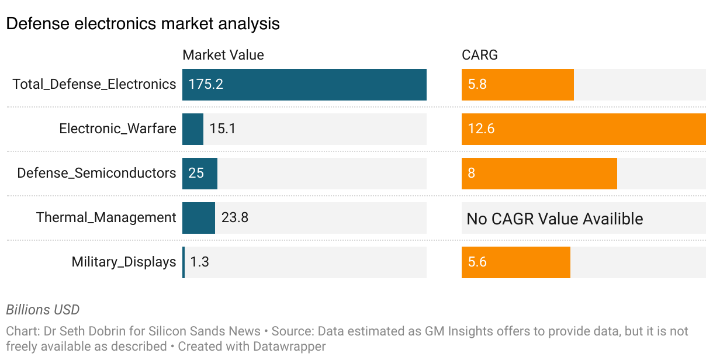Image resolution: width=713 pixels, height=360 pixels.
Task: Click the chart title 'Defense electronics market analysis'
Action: tap(143, 23)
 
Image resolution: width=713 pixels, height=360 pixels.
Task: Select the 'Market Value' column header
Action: tap(223, 55)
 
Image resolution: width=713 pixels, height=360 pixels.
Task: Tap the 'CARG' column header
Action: tap(479, 55)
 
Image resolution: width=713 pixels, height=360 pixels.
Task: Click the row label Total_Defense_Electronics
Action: tap(94, 84)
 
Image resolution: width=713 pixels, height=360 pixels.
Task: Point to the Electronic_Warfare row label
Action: tap(117, 129)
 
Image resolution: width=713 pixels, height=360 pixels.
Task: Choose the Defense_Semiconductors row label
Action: tap(96, 173)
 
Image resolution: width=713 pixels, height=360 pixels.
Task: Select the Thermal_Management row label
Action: tap(106, 217)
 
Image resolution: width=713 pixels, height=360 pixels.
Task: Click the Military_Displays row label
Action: tap(123, 262)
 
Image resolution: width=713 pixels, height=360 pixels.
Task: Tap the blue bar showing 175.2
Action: tap(304, 84)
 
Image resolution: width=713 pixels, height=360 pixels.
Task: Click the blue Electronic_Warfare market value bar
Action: tap(192, 129)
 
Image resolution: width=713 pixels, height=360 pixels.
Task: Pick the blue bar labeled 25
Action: tap(199, 173)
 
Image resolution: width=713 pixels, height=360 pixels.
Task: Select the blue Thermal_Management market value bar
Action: tap(198, 217)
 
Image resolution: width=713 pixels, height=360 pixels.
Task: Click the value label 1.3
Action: tap(199, 262)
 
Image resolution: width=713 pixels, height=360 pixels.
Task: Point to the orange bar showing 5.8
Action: tap(517, 84)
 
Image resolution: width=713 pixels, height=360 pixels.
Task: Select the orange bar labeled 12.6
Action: tap(583, 129)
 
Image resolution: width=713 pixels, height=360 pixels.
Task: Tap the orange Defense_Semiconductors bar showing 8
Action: tap(539, 173)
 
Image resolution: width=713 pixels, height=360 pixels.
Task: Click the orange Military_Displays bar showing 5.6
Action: tap(515, 262)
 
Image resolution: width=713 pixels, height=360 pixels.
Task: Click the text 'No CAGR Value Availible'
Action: tap(555, 219)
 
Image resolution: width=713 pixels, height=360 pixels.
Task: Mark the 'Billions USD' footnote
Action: tap(43, 310)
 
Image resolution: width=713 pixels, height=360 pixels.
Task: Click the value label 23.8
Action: tap(235, 217)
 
